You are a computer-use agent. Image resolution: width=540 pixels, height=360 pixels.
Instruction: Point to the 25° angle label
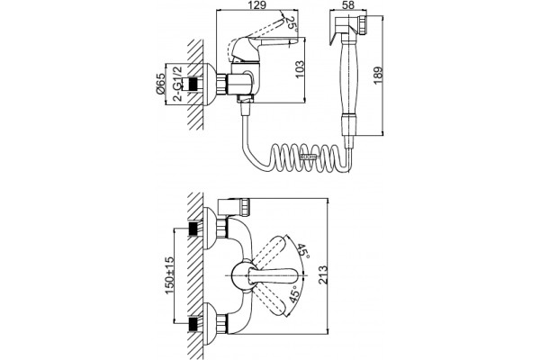pyautogui.click(x=292, y=24)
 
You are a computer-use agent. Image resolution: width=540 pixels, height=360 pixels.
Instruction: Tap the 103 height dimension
pyautogui.click(x=300, y=69)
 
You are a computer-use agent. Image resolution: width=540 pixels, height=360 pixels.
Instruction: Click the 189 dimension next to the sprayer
pyautogui.click(x=378, y=76)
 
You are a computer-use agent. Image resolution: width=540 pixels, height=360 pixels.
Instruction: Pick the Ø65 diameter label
pyautogui.click(x=160, y=84)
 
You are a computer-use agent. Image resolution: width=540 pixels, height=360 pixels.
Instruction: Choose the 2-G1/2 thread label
pyautogui.click(x=178, y=84)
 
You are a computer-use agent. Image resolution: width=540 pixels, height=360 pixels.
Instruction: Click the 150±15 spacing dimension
pyautogui.click(x=169, y=275)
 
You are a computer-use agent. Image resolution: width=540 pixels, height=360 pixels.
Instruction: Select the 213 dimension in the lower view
pyautogui.click(x=323, y=274)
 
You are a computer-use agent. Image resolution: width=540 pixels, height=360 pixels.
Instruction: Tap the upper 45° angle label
pyautogui.click(x=303, y=251)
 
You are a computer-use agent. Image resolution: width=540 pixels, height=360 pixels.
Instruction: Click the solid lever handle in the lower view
pyautogui.click(x=274, y=275)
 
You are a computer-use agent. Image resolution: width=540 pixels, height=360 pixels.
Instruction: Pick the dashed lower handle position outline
pyautogui.click(x=271, y=301)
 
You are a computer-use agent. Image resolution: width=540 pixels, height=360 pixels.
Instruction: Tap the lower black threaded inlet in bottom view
pyautogui.click(x=194, y=325)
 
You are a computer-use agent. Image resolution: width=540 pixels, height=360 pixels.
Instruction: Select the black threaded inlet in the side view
pyautogui.click(x=194, y=84)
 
